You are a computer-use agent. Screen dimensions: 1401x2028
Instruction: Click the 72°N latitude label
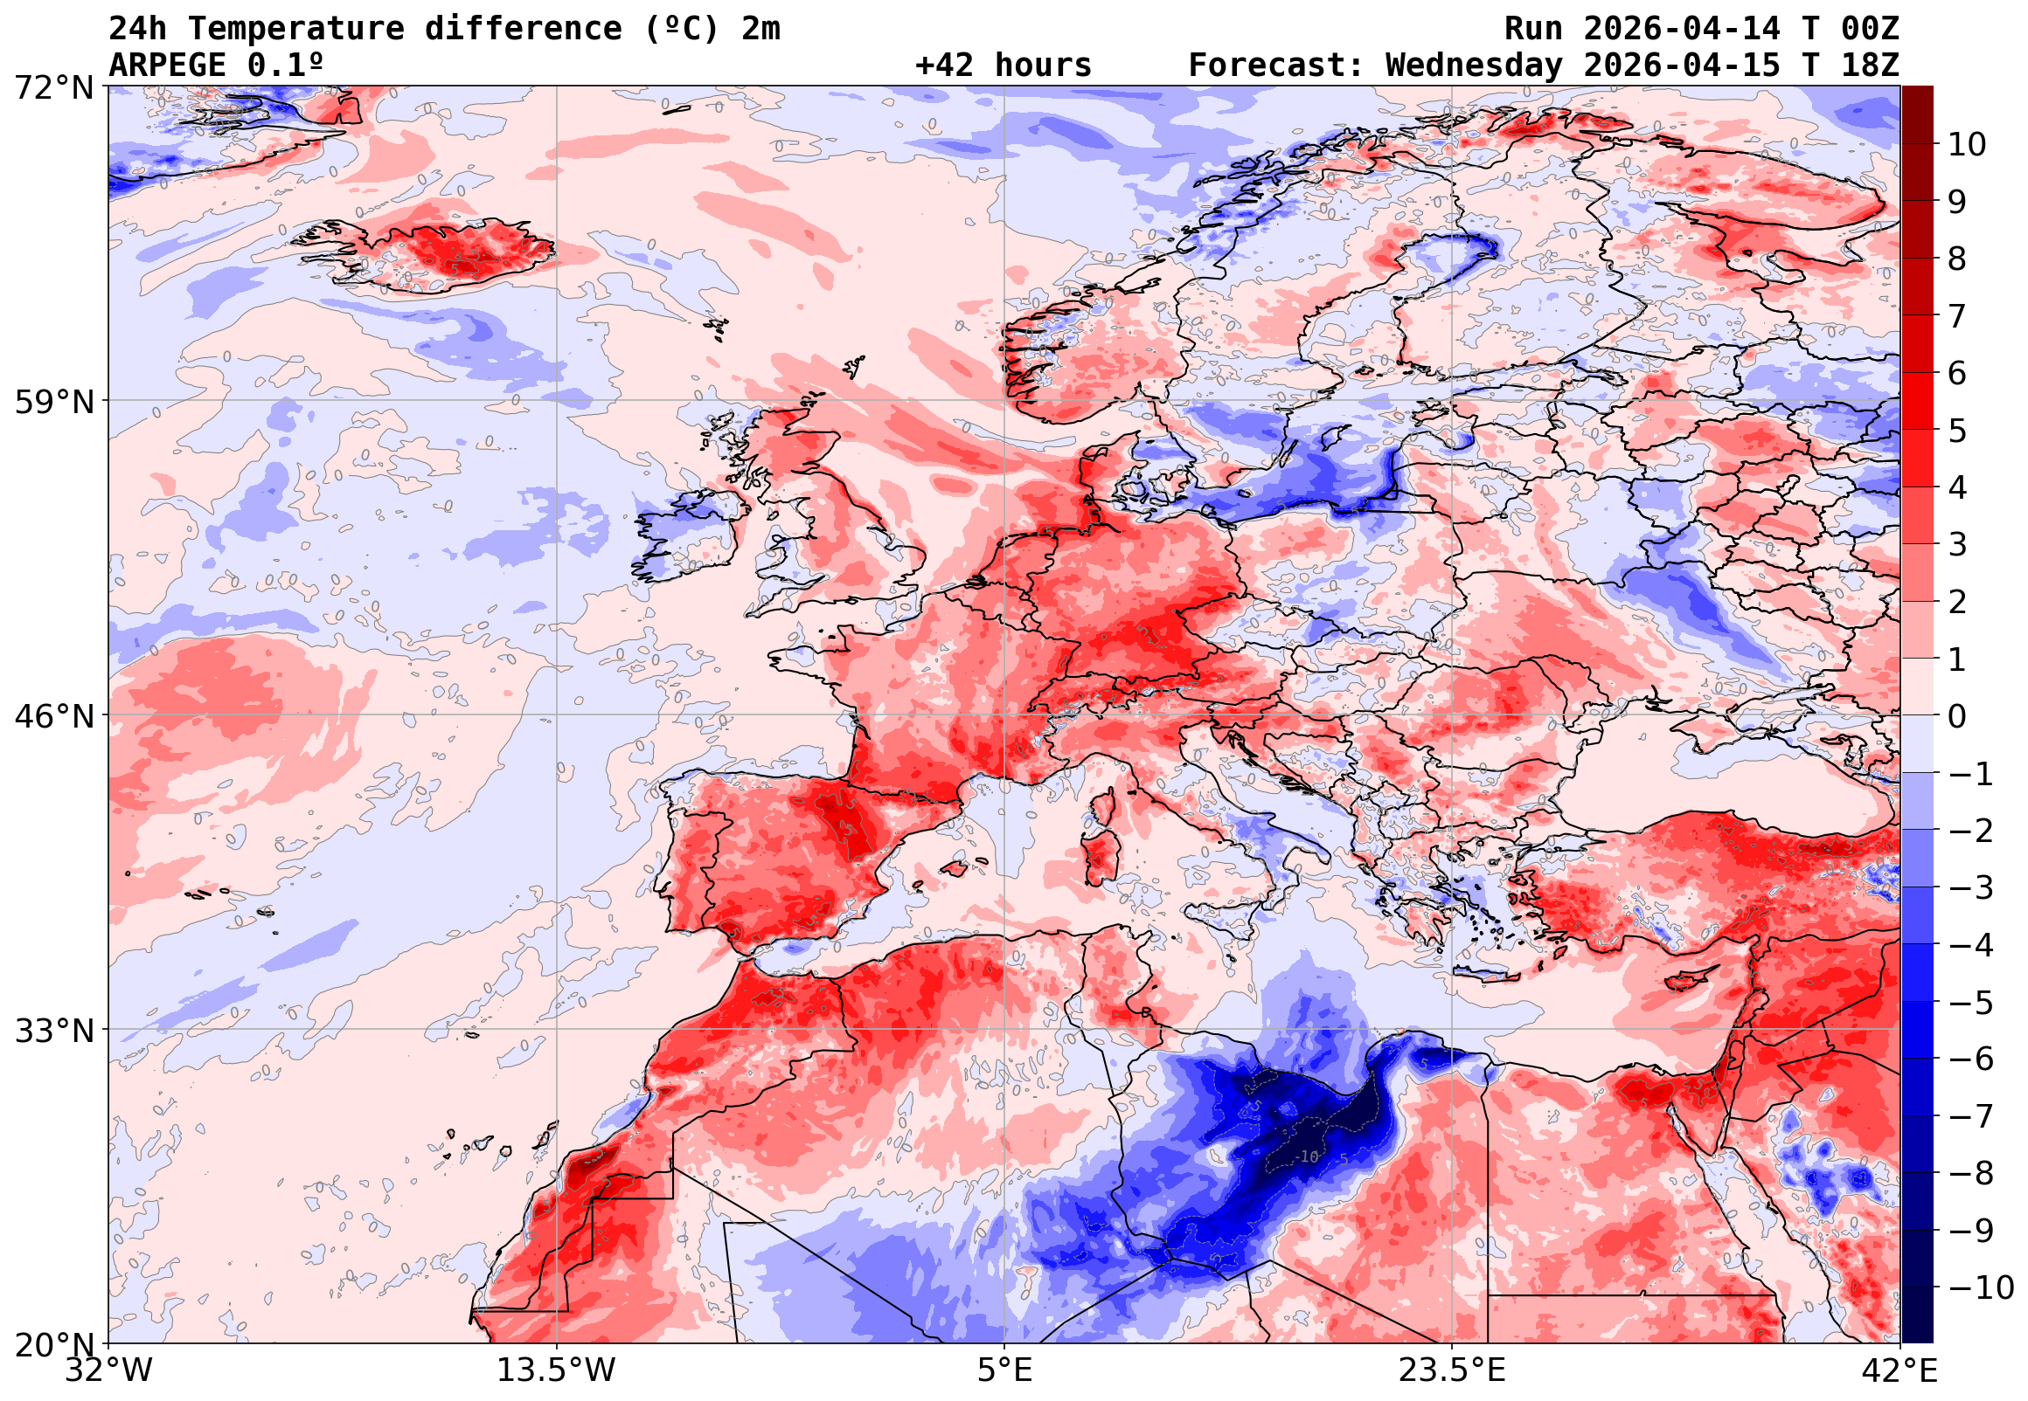click(x=53, y=88)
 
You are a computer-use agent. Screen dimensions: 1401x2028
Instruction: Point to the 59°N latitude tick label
click(x=53, y=402)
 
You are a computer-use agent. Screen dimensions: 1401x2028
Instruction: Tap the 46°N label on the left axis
click(x=53, y=716)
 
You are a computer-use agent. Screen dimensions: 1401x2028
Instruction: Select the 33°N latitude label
click(x=53, y=1031)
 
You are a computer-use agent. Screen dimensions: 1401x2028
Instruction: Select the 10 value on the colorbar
click(x=1967, y=145)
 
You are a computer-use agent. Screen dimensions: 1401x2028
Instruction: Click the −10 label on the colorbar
click(x=1980, y=1287)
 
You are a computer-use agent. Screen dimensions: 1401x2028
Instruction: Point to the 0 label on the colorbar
click(x=1957, y=716)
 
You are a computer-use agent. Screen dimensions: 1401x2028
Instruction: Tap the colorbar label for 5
click(x=1957, y=431)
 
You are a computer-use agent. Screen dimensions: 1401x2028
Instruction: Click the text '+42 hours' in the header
click(x=1003, y=66)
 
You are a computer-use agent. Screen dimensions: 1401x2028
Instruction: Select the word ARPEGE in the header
click(x=167, y=66)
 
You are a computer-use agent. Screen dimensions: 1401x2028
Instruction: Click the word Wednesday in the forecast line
click(x=1475, y=66)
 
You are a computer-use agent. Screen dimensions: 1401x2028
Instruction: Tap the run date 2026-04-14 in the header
click(x=1682, y=29)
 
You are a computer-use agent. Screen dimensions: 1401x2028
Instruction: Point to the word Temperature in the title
click(x=295, y=29)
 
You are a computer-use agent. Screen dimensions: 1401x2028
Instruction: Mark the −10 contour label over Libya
click(x=1308, y=1158)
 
